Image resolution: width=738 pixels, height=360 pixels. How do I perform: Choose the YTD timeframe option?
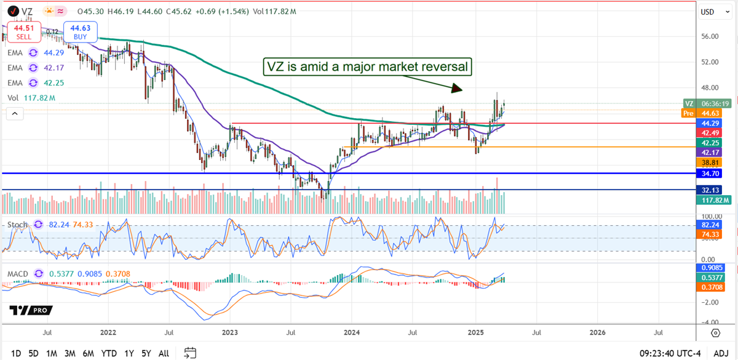click(109, 353)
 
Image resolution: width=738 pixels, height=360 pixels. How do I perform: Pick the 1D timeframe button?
click(16, 353)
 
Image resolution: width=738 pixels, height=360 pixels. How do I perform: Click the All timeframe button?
click(164, 353)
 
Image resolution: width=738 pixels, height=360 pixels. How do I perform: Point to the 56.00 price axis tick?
click(710, 36)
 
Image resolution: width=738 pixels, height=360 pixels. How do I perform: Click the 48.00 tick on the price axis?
click(710, 87)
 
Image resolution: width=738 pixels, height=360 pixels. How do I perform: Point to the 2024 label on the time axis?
click(352, 332)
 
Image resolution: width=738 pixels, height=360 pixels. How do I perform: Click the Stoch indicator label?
click(17, 225)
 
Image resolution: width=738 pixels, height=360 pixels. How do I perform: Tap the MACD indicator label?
click(18, 273)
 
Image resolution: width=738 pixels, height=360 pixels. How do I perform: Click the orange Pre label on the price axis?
click(689, 113)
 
